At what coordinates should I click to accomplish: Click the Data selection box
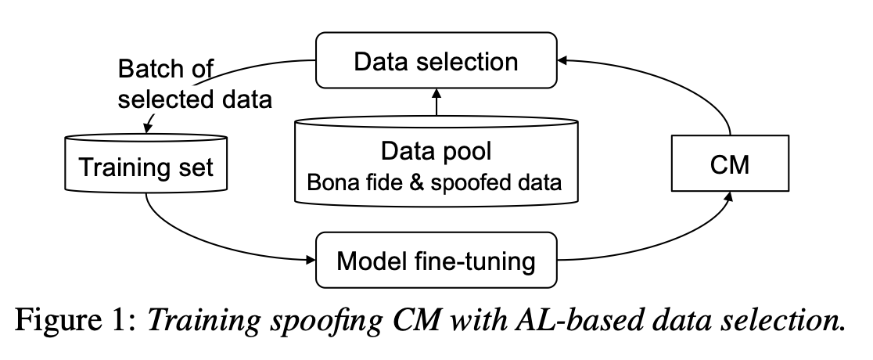[x=436, y=61]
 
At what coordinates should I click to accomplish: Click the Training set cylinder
[x=146, y=167]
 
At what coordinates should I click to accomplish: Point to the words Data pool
[x=436, y=152]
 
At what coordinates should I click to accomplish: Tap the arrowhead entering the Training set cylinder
[x=146, y=128]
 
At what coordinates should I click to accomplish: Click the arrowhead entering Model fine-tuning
[x=311, y=259]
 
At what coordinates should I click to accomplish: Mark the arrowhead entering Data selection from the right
[x=566, y=59]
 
